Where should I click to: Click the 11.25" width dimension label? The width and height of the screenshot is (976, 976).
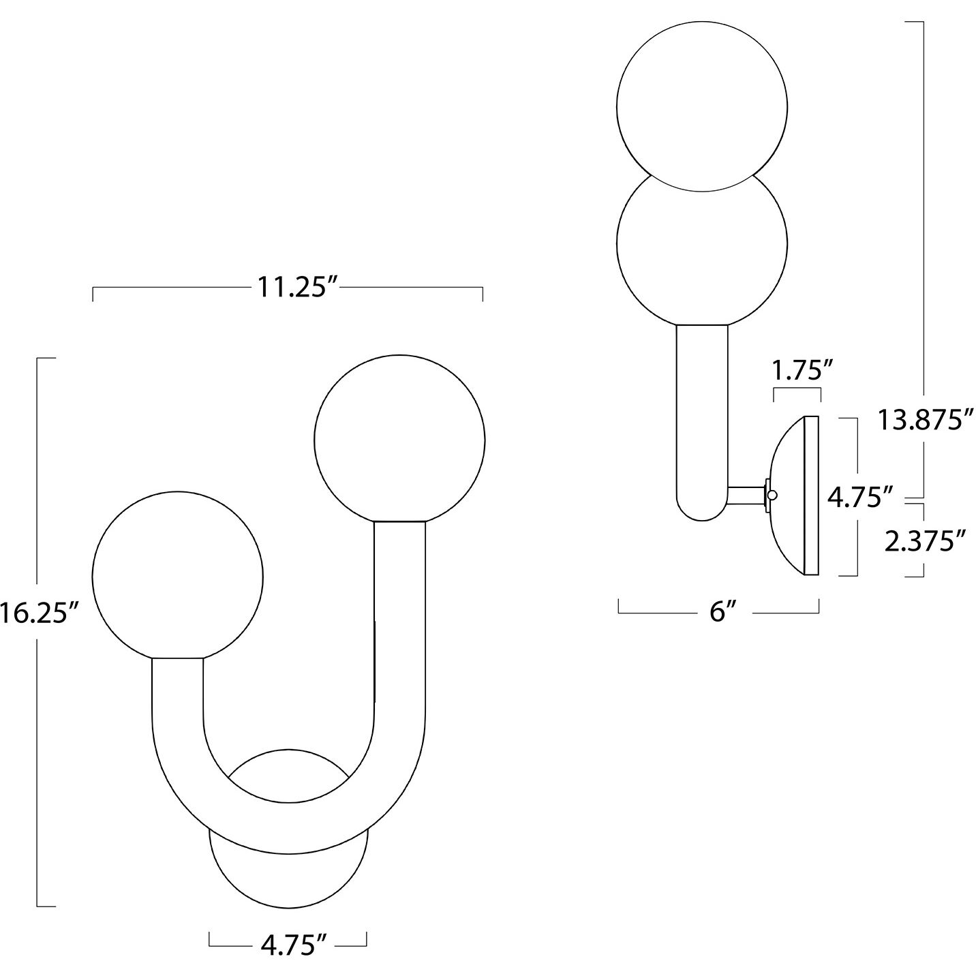pos(297,288)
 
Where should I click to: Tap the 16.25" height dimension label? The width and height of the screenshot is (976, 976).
pos(40,614)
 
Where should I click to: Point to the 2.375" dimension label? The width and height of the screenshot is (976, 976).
pos(924,541)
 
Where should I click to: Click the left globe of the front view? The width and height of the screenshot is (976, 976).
pos(177,576)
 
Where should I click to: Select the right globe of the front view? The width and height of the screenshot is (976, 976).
pos(399,440)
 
